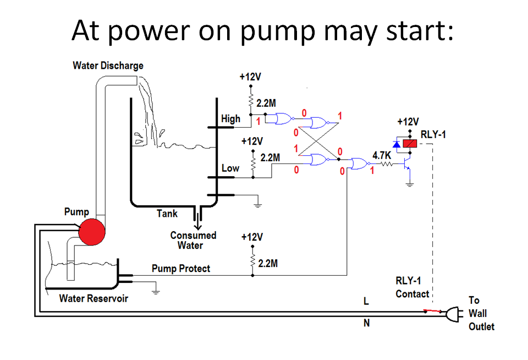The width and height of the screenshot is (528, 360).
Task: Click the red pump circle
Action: [91, 231]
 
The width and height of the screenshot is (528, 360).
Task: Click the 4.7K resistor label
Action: [382, 155]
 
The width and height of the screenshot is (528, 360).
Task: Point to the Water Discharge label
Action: [108, 66]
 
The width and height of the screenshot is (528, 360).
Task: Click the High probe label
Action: [230, 118]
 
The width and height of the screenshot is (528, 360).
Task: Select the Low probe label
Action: [230, 168]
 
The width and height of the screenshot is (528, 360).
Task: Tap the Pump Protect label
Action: [181, 269]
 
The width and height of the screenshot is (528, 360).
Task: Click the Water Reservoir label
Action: [94, 298]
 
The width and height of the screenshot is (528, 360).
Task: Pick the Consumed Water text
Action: [193, 240]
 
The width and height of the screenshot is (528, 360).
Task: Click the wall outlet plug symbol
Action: [452, 314]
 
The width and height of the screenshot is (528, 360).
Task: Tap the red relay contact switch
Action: [433, 312]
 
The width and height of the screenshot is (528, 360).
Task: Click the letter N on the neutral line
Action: [366, 324]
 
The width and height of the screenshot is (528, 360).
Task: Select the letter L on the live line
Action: [366, 301]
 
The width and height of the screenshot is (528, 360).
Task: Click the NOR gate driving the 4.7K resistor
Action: [359, 164]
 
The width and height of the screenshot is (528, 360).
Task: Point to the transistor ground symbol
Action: [409, 185]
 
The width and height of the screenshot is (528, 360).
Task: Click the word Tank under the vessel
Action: [167, 214]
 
